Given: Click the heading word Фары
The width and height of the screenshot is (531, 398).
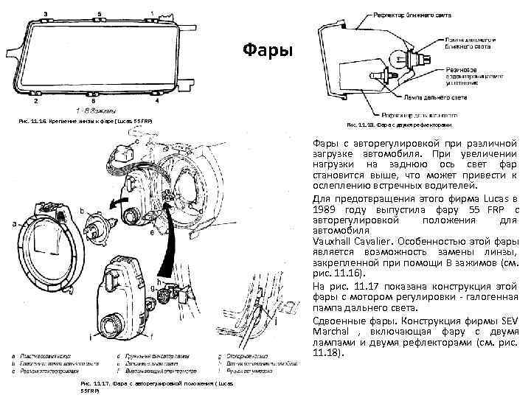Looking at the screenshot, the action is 268,51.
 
